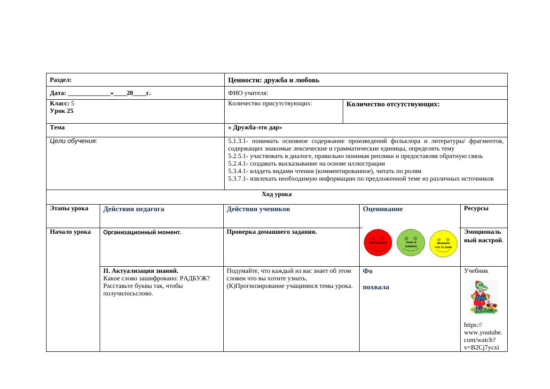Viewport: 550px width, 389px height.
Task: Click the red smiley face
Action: pyautogui.click(x=377, y=243)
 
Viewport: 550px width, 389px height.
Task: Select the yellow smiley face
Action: pyautogui.click(x=444, y=244)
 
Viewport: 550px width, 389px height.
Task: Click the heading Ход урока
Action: pyautogui.click(x=276, y=194)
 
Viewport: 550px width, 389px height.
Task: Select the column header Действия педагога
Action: pyautogui.click(x=134, y=209)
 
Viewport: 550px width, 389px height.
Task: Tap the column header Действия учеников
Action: pyautogui.click(x=258, y=209)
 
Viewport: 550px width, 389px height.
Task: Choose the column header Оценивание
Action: pyautogui.click(x=383, y=209)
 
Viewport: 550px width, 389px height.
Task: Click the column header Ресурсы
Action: pyautogui.click(x=476, y=208)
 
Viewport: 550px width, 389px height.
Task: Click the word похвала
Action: pyautogui.click(x=376, y=287)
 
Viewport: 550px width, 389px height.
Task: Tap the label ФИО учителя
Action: pyautogui.click(x=248, y=93)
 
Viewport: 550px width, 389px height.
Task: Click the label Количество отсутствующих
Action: pyautogui.click(x=393, y=104)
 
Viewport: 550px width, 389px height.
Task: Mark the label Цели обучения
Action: pyautogui.click(x=73, y=141)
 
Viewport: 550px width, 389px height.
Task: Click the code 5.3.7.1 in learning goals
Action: pyautogui.click(x=236, y=179)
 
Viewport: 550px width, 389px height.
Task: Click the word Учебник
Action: pyautogui.click(x=476, y=271)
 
